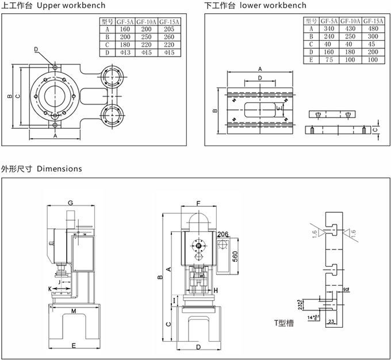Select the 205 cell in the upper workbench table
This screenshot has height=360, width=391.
pyautogui.click(x=170, y=29)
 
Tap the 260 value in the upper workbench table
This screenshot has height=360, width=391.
pyautogui.click(x=170, y=37)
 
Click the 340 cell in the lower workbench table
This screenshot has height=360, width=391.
pyautogui.click(x=329, y=28)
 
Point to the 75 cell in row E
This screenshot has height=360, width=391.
pyautogui.click(x=329, y=60)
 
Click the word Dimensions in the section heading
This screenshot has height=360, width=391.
pyautogui.click(x=59, y=169)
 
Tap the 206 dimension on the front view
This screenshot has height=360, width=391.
pyautogui.click(x=224, y=234)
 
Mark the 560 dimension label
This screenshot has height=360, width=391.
pyautogui.click(x=236, y=255)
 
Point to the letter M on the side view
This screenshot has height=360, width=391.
pyautogui.click(x=74, y=311)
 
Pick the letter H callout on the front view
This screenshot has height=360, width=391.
pyautogui.click(x=215, y=290)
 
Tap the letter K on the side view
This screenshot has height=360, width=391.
pyautogui.click(x=49, y=287)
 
